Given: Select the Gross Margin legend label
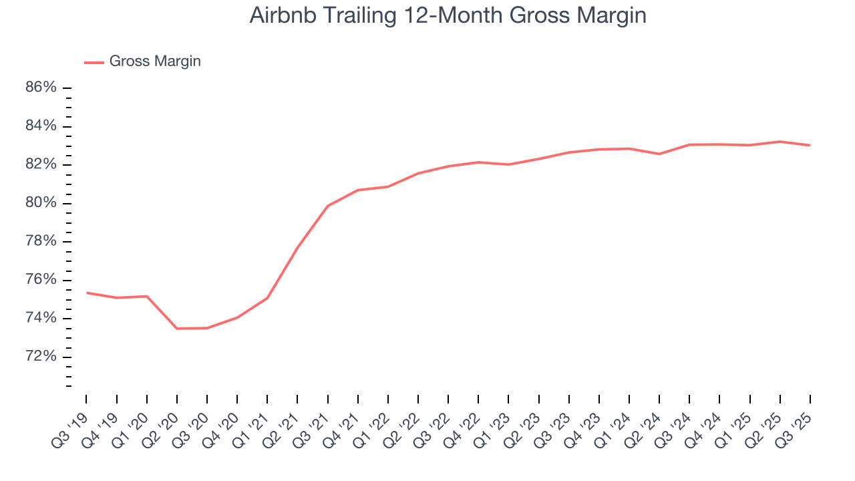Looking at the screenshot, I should (x=155, y=61).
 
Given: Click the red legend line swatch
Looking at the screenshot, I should (x=94, y=62).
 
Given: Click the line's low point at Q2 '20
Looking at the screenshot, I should (x=177, y=329).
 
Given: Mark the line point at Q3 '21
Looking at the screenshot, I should (x=328, y=206).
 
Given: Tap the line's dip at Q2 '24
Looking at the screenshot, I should (x=659, y=154).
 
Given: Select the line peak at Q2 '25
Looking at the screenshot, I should (x=780, y=142).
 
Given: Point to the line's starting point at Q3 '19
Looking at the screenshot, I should (x=87, y=293).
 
